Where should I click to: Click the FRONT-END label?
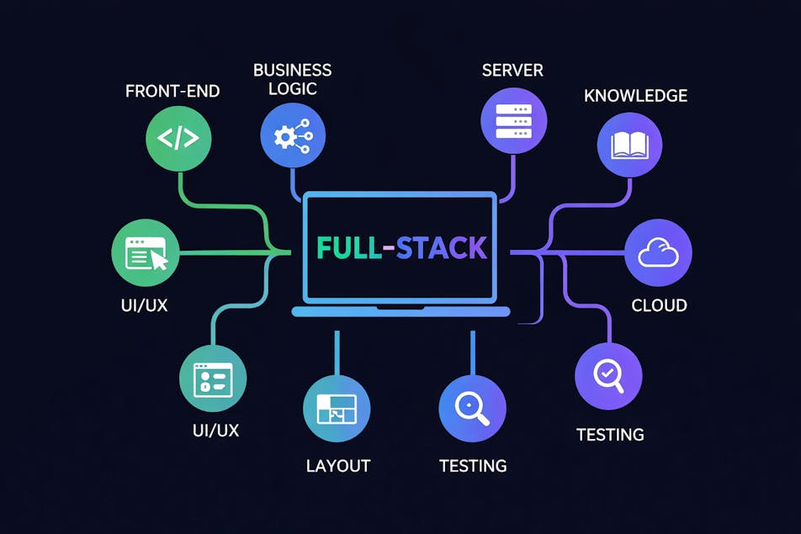point(172,91)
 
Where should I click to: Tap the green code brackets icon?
point(179,138)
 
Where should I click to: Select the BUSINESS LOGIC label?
point(292,79)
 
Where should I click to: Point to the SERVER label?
point(512,70)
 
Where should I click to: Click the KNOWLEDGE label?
point(635,96)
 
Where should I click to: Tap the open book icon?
point(631,145)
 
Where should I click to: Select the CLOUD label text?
point(659,305)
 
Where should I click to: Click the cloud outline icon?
point(658,253)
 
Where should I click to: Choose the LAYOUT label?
point(338,465)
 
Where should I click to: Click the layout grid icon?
point(337,408)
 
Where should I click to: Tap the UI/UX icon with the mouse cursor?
point(146,253)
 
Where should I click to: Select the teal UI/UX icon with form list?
point(213,378)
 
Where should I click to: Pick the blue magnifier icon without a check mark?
point(472,408)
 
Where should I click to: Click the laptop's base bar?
point(400,312)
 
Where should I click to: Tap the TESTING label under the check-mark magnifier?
point(610,435)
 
